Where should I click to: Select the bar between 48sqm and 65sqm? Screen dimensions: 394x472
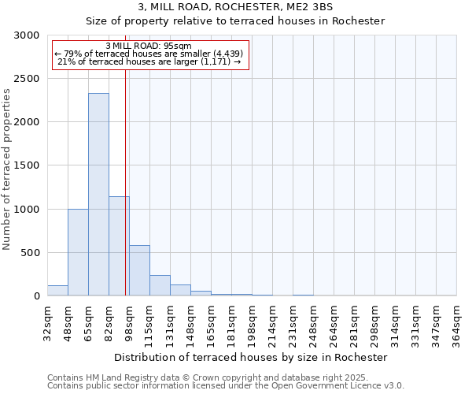78,252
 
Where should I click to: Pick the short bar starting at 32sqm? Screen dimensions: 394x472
57,291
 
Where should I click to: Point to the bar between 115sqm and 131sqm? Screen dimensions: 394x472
160,285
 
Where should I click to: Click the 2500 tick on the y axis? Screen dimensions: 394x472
28,79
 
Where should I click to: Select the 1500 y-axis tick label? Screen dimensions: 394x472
28,165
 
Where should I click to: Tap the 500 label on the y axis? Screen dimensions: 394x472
31,253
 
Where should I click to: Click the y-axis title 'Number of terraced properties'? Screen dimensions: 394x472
7,169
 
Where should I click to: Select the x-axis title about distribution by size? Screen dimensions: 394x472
256,357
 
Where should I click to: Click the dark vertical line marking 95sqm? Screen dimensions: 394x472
125,158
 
